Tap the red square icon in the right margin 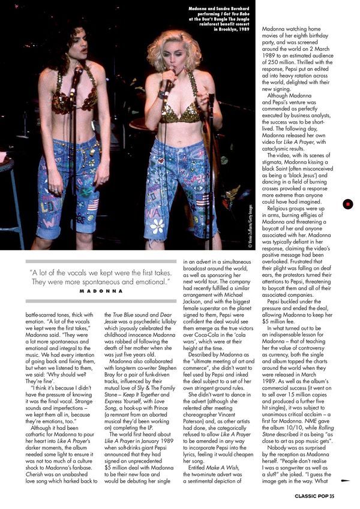pos(348,204)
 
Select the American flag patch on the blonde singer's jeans pos(202,199)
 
